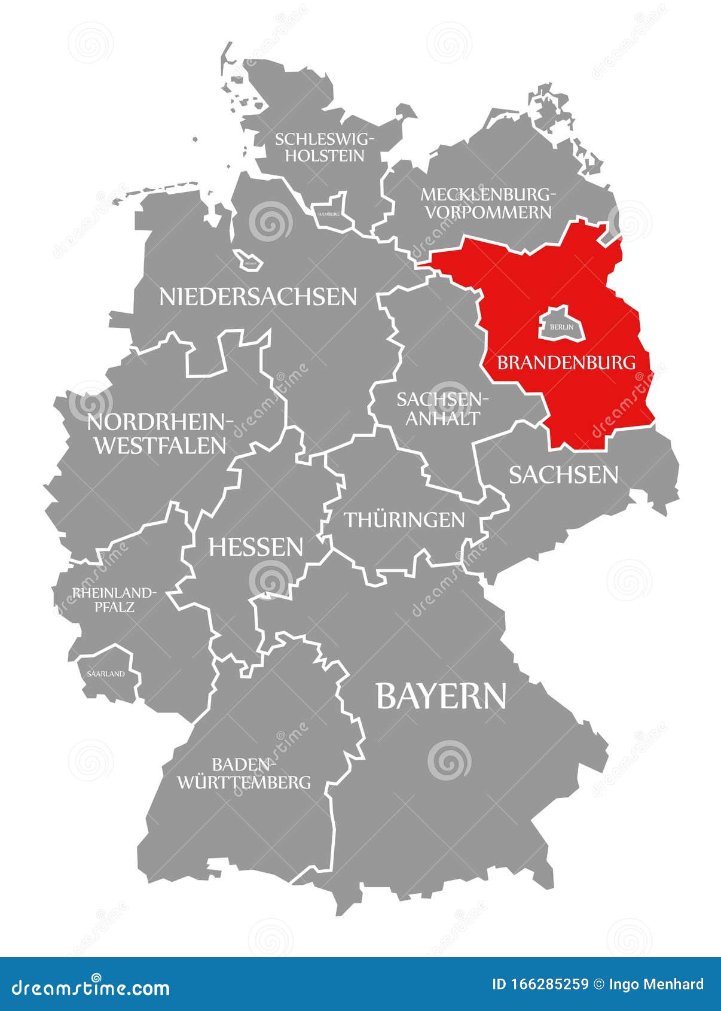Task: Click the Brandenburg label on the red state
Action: pyautogui.click(x=566, y=362)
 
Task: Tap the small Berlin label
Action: pyautogui.click(x=561, y=327)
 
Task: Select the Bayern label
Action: pyautogui.click(x=441, y=696)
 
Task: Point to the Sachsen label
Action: pyautogui.click(x=563, y=475)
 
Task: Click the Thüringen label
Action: pyautogui.click(x=404, y=519)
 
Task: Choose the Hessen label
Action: pyautogui.click(x=255, y=547)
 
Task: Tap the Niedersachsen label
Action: pyautogui.click(x=258, y=297)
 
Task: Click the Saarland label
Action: pyautogui.click(x=106, y=674)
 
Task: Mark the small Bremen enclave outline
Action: pyautogui.click(x=247, y=261)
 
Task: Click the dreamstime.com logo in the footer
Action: pyautogui.click(x=91, y=988)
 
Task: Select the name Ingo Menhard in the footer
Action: pyautogui.click(x=655, y=984)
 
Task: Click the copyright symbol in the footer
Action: pyautogui.click(x=598, y=984)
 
